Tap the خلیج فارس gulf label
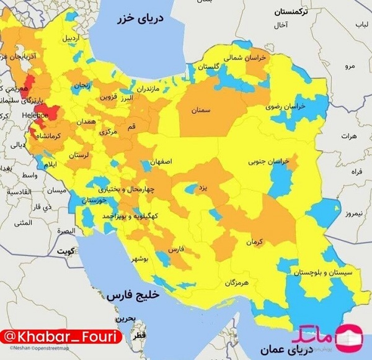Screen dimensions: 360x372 133,295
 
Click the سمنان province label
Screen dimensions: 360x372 201,110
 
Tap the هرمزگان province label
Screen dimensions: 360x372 237,283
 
